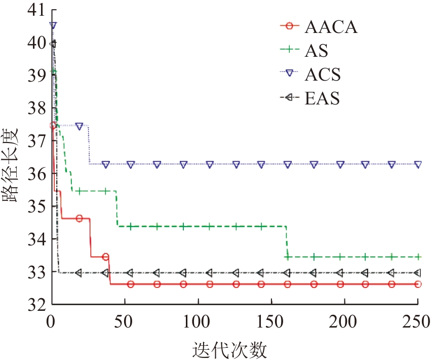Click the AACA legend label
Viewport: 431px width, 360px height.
tap(331, 27)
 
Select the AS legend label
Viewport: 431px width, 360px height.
tap(317, 51)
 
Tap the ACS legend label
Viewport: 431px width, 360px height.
tap(323, 75)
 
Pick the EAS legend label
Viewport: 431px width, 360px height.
tap(322, 98)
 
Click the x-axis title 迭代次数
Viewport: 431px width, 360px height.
tap(230, 349)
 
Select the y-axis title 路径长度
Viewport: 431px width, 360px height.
tap(12, 165)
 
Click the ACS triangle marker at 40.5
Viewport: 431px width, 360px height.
tap(53, 25)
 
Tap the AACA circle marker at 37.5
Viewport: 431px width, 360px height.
tap(53, 125)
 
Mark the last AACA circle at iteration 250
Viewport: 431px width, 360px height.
tap(418, 284)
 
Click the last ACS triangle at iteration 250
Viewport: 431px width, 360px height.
tap(418, 164)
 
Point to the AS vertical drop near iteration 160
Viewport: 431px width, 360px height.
tap(287, 242)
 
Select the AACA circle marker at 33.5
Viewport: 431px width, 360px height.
tap(105, 257)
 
